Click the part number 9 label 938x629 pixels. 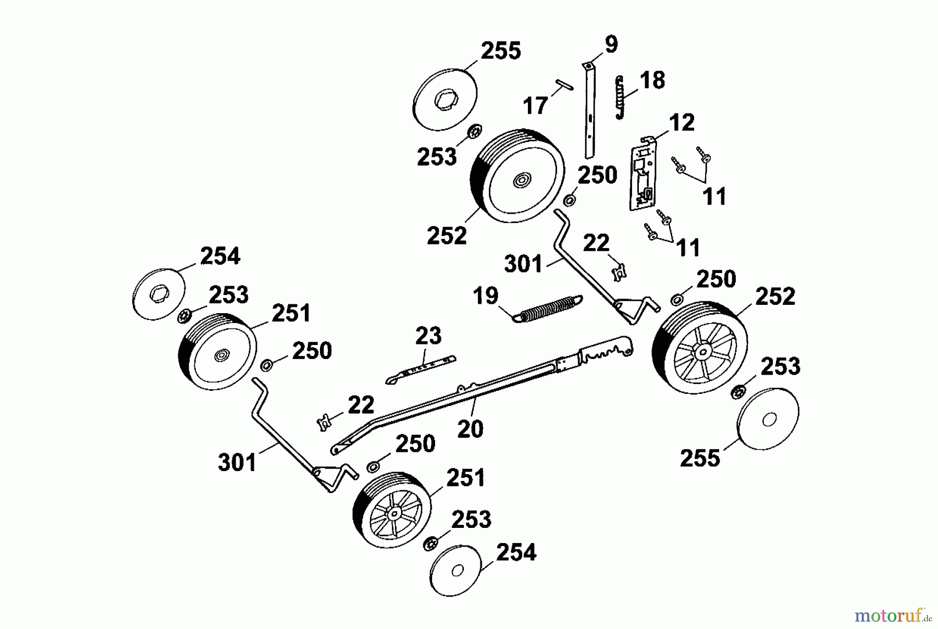tap(611, 44)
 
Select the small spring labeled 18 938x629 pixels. tap(619, 98)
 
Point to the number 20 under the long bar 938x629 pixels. tap(470, 429)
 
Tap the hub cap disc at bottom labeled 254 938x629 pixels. tap(457, 570)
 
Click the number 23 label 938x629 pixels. tap(428, 336)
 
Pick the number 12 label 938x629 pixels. tap(682, 123)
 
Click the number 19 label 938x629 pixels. tap(486, 296)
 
